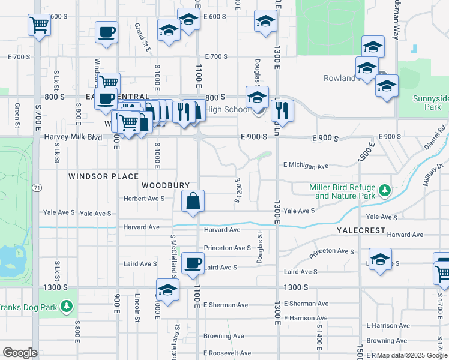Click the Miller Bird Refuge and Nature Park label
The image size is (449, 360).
342,191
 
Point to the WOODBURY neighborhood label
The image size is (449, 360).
166,185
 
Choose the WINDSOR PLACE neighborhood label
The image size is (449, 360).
103,176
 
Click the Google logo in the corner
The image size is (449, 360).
20,352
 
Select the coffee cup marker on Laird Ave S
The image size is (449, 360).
193,263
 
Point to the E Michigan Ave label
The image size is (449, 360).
306,165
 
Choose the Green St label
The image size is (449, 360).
17,112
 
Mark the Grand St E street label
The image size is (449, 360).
142,37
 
